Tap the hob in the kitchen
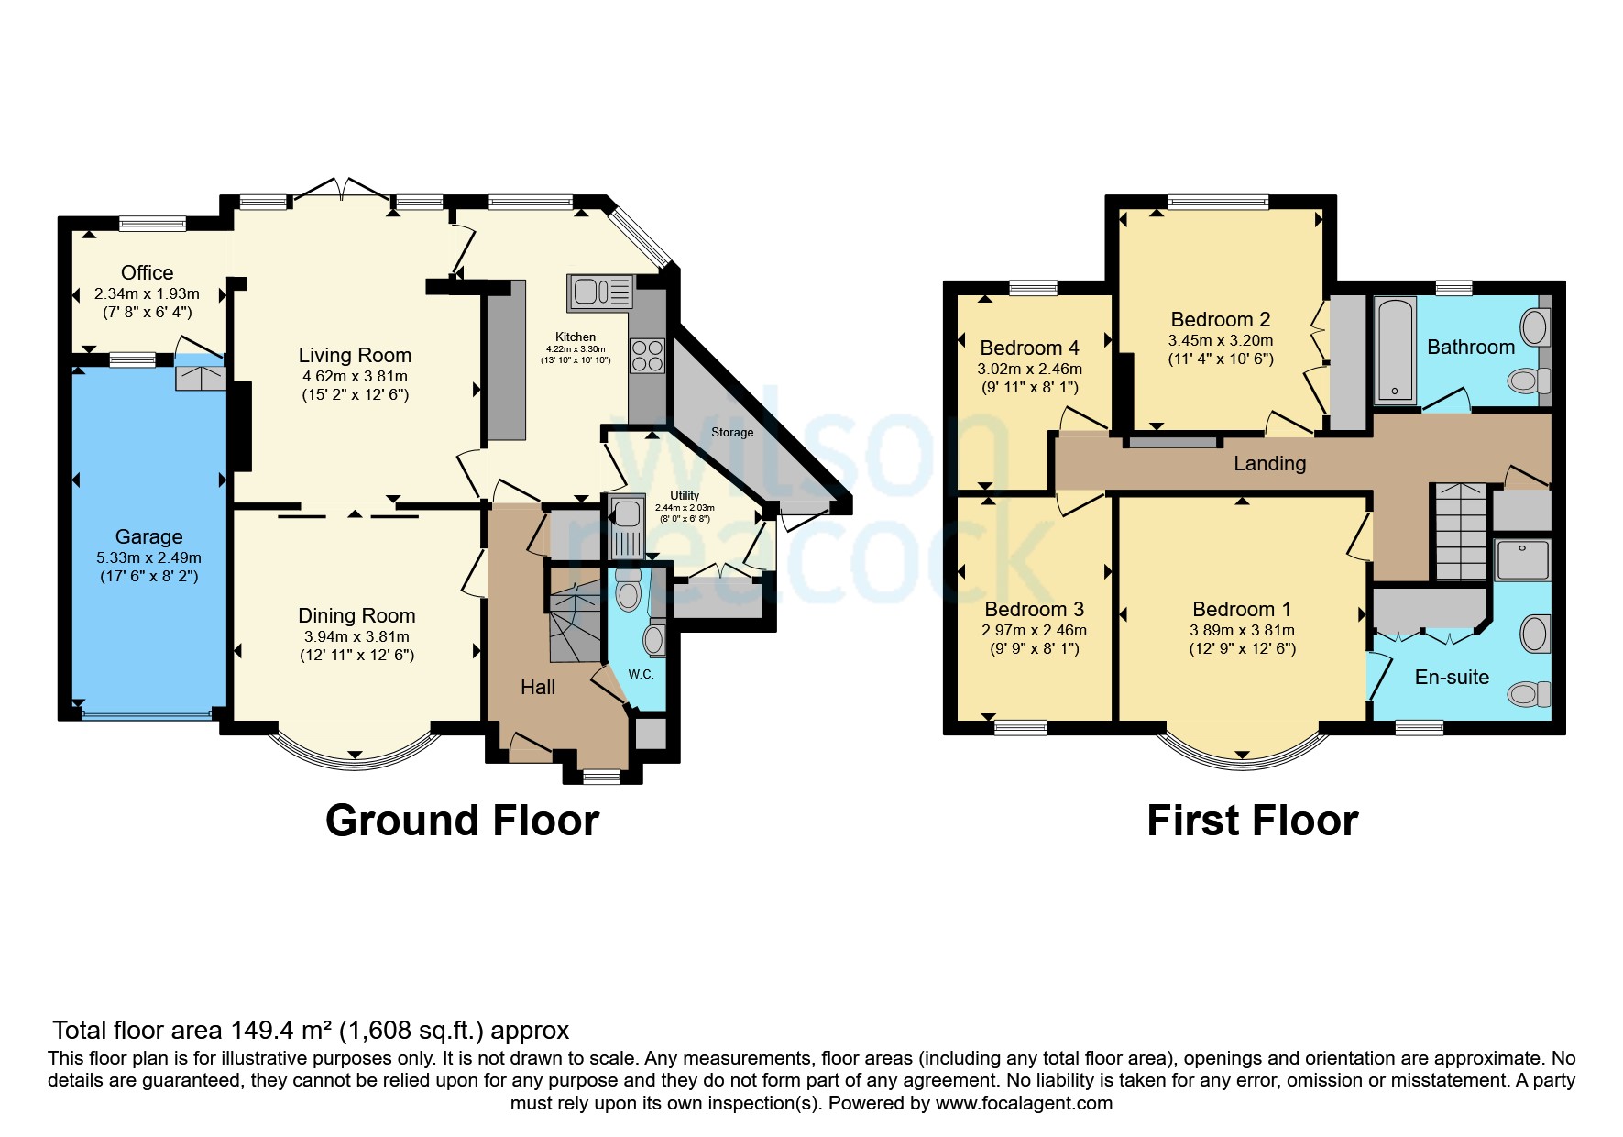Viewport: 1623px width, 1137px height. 647,356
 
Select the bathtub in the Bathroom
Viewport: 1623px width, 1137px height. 1395,350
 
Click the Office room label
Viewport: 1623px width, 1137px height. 147,272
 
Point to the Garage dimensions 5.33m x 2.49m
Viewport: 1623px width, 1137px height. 148,557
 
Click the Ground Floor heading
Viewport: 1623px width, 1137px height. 462,820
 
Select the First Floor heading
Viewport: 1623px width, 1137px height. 1252,820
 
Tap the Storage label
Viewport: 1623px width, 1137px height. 731,432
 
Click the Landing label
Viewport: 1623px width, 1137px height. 1269,463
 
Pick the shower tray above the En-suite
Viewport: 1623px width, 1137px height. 1522,560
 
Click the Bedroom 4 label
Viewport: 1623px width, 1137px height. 1029,348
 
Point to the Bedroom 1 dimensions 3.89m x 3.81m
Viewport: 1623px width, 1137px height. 1242,630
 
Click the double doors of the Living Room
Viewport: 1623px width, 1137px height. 342,189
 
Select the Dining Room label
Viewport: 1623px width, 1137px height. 356,615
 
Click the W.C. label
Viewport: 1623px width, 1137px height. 641,674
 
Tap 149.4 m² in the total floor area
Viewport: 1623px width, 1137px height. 281,1031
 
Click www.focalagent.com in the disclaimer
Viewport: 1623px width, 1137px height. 1024,1103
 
